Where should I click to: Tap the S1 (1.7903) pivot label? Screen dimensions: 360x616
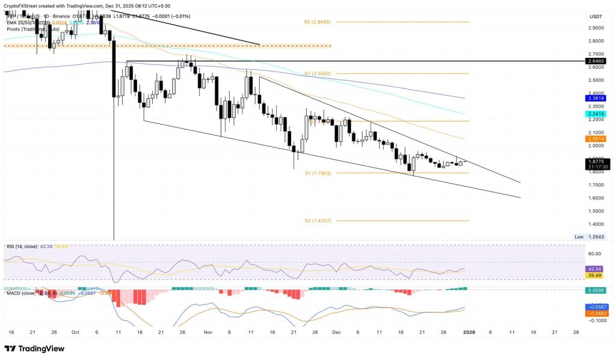click(317, 173)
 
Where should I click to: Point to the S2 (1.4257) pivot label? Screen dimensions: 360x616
click(317, 221)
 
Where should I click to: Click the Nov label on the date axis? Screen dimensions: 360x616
click(208, 332)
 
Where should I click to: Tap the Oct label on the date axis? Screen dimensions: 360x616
click(75, 332)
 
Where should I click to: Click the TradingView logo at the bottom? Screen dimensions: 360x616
click(37, 349)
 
